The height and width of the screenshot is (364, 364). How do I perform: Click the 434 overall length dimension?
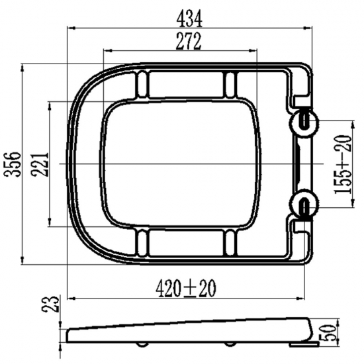189,19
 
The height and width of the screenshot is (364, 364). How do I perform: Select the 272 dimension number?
188,41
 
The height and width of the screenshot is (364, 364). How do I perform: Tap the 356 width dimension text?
13,164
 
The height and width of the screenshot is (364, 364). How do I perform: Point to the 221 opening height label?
41,164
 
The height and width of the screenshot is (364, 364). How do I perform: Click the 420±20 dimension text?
186,288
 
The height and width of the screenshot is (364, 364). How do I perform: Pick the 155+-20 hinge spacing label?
342,164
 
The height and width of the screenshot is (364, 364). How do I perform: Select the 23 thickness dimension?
50,304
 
